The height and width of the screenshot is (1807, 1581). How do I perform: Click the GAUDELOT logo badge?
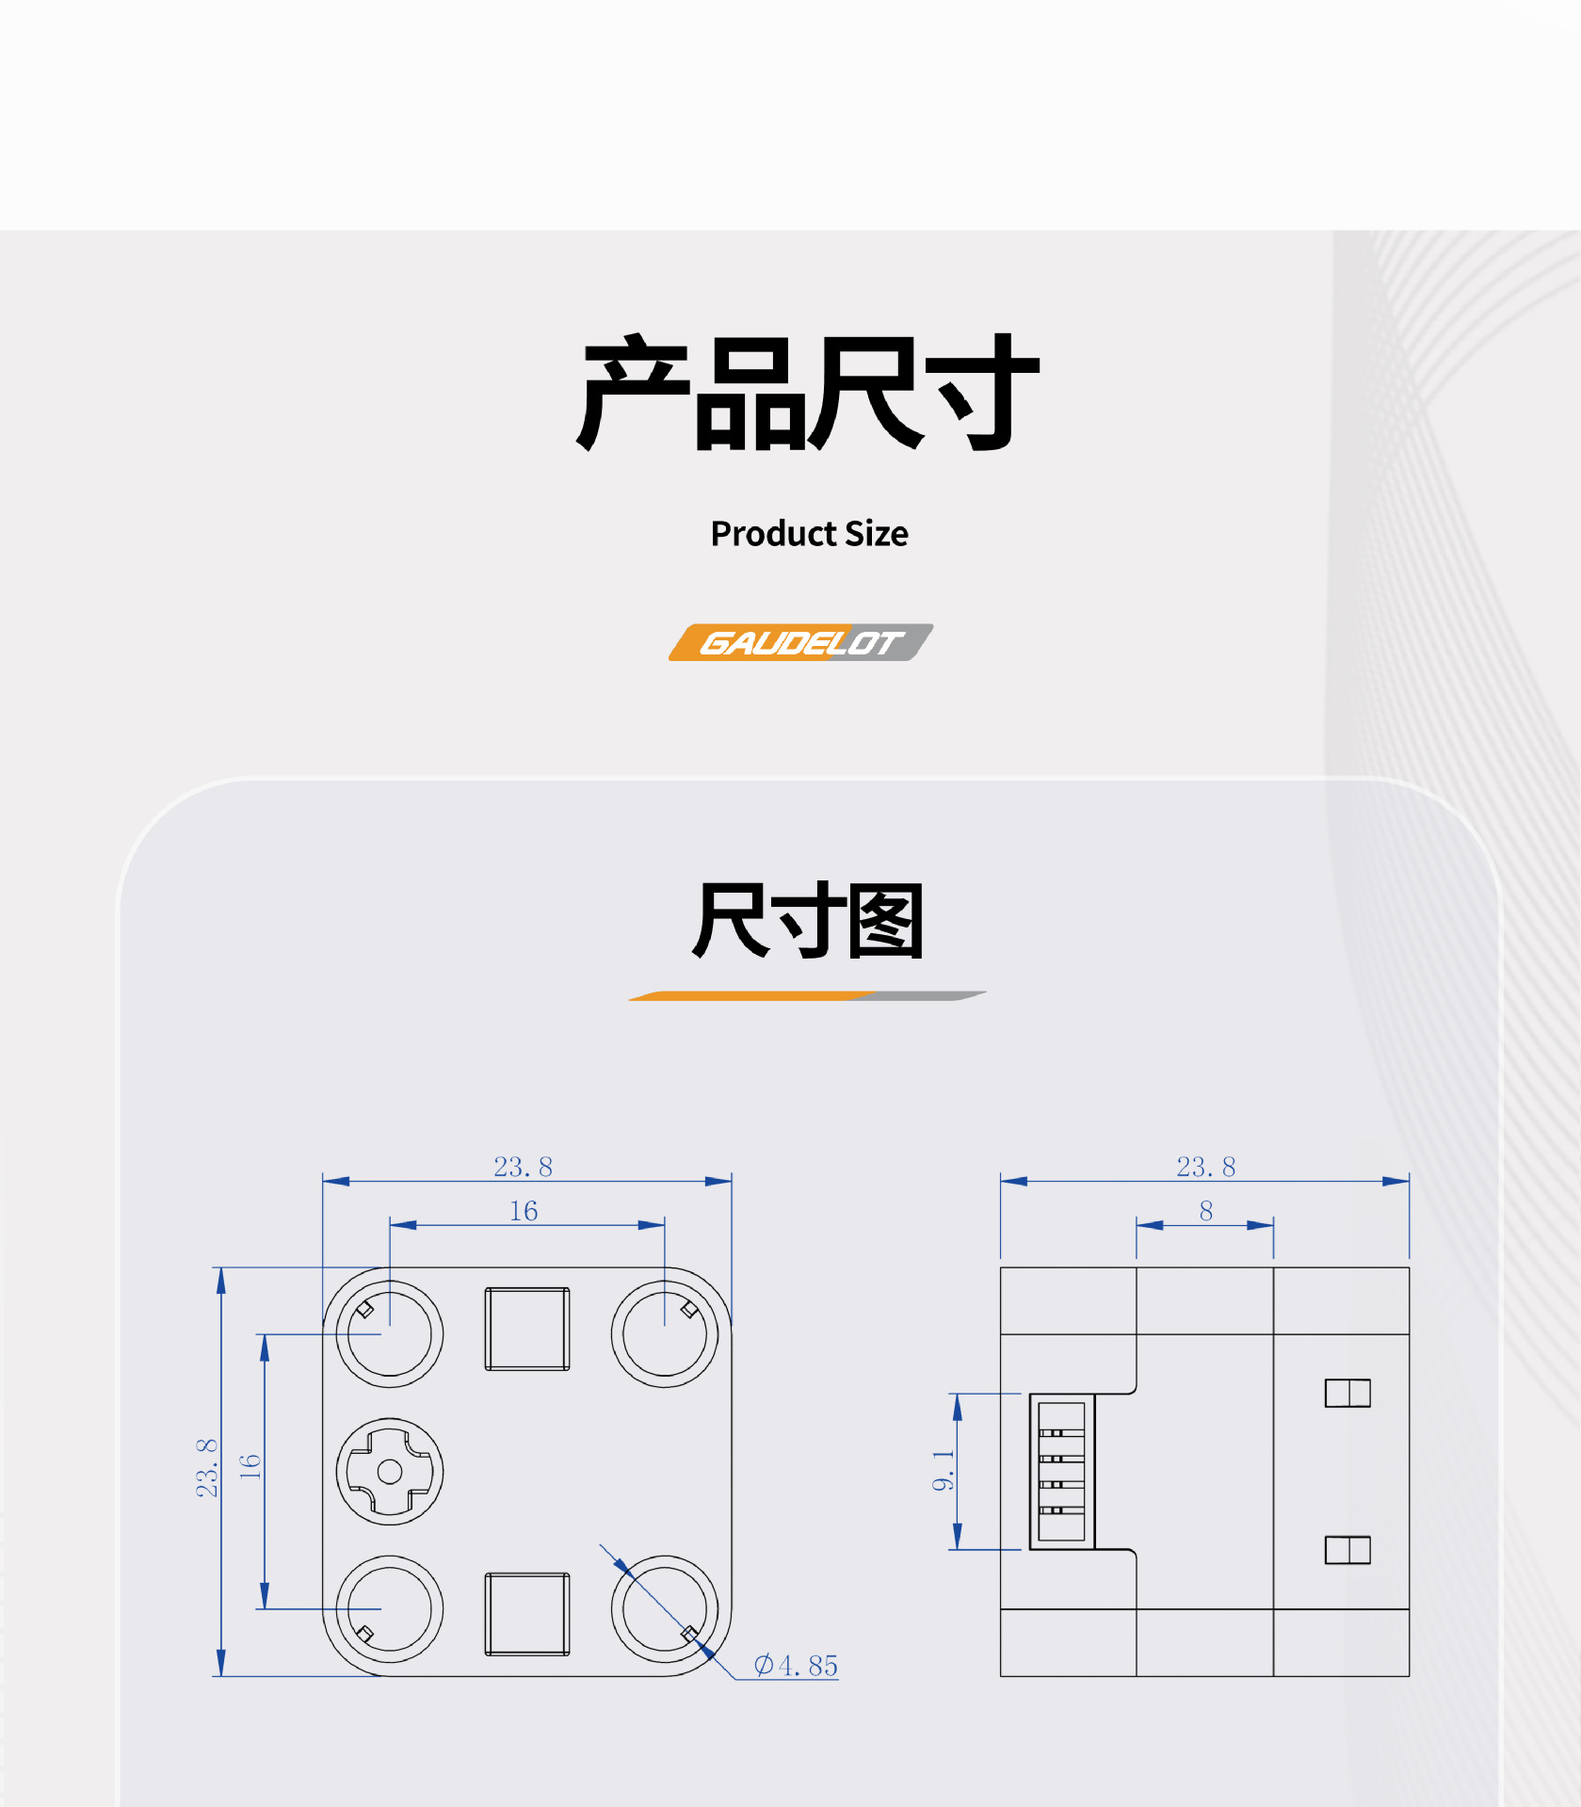point(800,642)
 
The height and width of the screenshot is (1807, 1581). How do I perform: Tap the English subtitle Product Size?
point(809,534)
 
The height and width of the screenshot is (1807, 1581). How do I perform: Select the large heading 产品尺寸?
point(808,393)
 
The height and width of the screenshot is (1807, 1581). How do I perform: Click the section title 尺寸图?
point(808,921)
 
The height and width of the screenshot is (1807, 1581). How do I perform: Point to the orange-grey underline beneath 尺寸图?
point(807,995)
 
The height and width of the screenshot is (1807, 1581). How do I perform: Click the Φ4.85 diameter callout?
point(796,1666)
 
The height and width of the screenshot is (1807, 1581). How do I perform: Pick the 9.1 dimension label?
point(943,1471)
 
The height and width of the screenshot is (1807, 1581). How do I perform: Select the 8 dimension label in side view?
point(1205,1211)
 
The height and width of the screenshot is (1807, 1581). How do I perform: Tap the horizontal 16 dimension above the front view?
point(524,1211)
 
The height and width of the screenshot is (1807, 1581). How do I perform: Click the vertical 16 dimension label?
point(250,1466)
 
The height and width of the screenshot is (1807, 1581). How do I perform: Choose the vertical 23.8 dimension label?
point(206,1468)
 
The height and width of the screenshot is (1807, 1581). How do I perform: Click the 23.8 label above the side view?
point(1205,1167)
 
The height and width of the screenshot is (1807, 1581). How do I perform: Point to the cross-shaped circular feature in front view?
point(390,1472)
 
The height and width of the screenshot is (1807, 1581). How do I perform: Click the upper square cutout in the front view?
point(527,1329)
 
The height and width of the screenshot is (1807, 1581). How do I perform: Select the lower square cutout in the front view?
point(527,1613)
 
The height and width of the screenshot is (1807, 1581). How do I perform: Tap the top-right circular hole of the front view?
point(665,1334)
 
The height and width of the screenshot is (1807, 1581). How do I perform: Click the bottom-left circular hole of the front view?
point(390,1609)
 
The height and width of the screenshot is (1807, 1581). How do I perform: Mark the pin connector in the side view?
point(1062,1471)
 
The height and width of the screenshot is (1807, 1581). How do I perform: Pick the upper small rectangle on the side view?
point(1347,1393)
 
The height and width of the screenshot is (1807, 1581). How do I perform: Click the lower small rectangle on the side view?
point(1347,1550)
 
